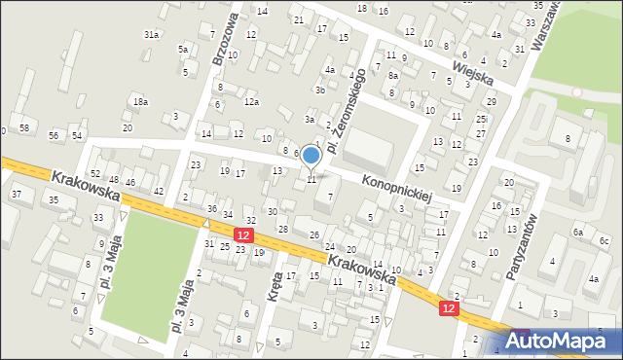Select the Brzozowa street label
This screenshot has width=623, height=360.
(225, 40)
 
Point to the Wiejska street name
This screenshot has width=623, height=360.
(473, 69)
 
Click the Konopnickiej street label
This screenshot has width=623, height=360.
(397, 189)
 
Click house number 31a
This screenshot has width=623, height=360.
(151, 34)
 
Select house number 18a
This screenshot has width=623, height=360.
(141, 101)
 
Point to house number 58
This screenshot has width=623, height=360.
(24, 128)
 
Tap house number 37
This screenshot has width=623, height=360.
(16, 195)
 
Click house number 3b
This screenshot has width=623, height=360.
(319, 90)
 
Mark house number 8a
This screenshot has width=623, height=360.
(393, 75)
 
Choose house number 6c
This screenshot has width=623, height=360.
(604, 240)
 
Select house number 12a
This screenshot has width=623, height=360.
(251, 101)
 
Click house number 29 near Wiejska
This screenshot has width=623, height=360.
(492, 101)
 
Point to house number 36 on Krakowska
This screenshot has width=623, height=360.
(211, 209)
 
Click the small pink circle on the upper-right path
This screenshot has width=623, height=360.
(576, 92)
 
